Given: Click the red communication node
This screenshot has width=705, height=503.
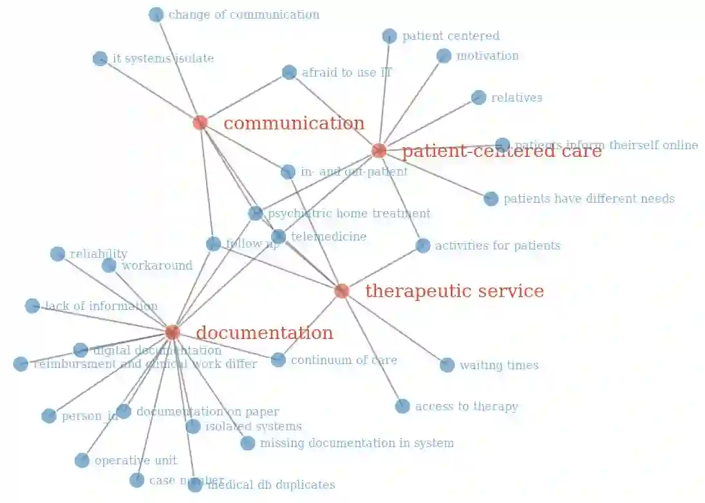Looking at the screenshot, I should (x=200, y=122).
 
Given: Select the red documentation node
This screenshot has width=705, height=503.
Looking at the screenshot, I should (x=172, y=332).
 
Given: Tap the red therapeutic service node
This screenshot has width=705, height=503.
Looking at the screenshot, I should (x=342, y=291).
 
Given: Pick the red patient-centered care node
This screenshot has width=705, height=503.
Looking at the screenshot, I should (x=379, y=151).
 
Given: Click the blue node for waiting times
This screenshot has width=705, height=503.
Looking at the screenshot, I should (x=447, y=365).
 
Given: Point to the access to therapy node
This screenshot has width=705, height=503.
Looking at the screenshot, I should (x=402, y=406).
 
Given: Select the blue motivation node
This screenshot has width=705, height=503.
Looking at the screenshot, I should (x=444, y=56).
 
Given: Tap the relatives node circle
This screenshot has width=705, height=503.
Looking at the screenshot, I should (x=478, y=97).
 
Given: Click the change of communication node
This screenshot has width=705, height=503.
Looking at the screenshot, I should (x=156, y=15).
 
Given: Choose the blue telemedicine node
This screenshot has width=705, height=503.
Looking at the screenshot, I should (x=278, y=237).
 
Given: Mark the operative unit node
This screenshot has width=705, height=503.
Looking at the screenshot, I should (x=82, y=461).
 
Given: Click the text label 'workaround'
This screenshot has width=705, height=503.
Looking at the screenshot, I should (x=157, y=265).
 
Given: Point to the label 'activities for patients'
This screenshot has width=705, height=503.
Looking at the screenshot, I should (x=497, y=245).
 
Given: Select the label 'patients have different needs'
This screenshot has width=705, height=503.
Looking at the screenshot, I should (x=588, y=199).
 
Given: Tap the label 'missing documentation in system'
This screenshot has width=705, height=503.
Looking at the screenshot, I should (x=357, y=443).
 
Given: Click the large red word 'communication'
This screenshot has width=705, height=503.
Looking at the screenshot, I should (x=294, y=123).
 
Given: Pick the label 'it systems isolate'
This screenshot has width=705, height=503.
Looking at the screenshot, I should (x=163, y=59).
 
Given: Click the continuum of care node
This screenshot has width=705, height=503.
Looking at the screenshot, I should (x=278, y=360).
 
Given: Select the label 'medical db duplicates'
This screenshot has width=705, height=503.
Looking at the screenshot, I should (x=270, y=484).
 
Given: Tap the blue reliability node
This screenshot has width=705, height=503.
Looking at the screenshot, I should (x=57, y=254).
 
